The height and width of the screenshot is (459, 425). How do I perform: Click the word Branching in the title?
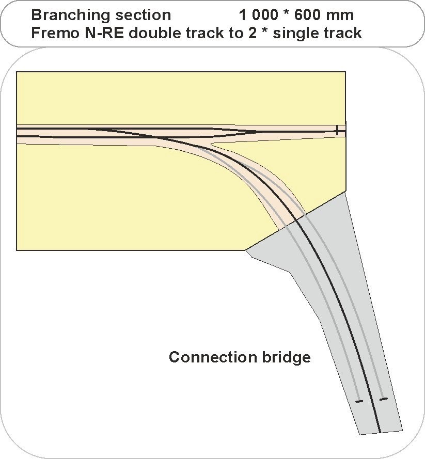tap(65, 15)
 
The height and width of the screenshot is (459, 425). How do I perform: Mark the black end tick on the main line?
tap(337, 130)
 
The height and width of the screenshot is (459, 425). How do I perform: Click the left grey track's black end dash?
tap(359, 401)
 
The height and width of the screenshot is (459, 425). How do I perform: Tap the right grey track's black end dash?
tap(383, 399)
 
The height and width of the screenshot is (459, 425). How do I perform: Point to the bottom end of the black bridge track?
tap(380, 431)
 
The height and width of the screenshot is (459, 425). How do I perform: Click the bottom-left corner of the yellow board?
tap(17, 250)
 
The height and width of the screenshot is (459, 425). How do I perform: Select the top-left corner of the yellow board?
tap(17, 72)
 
